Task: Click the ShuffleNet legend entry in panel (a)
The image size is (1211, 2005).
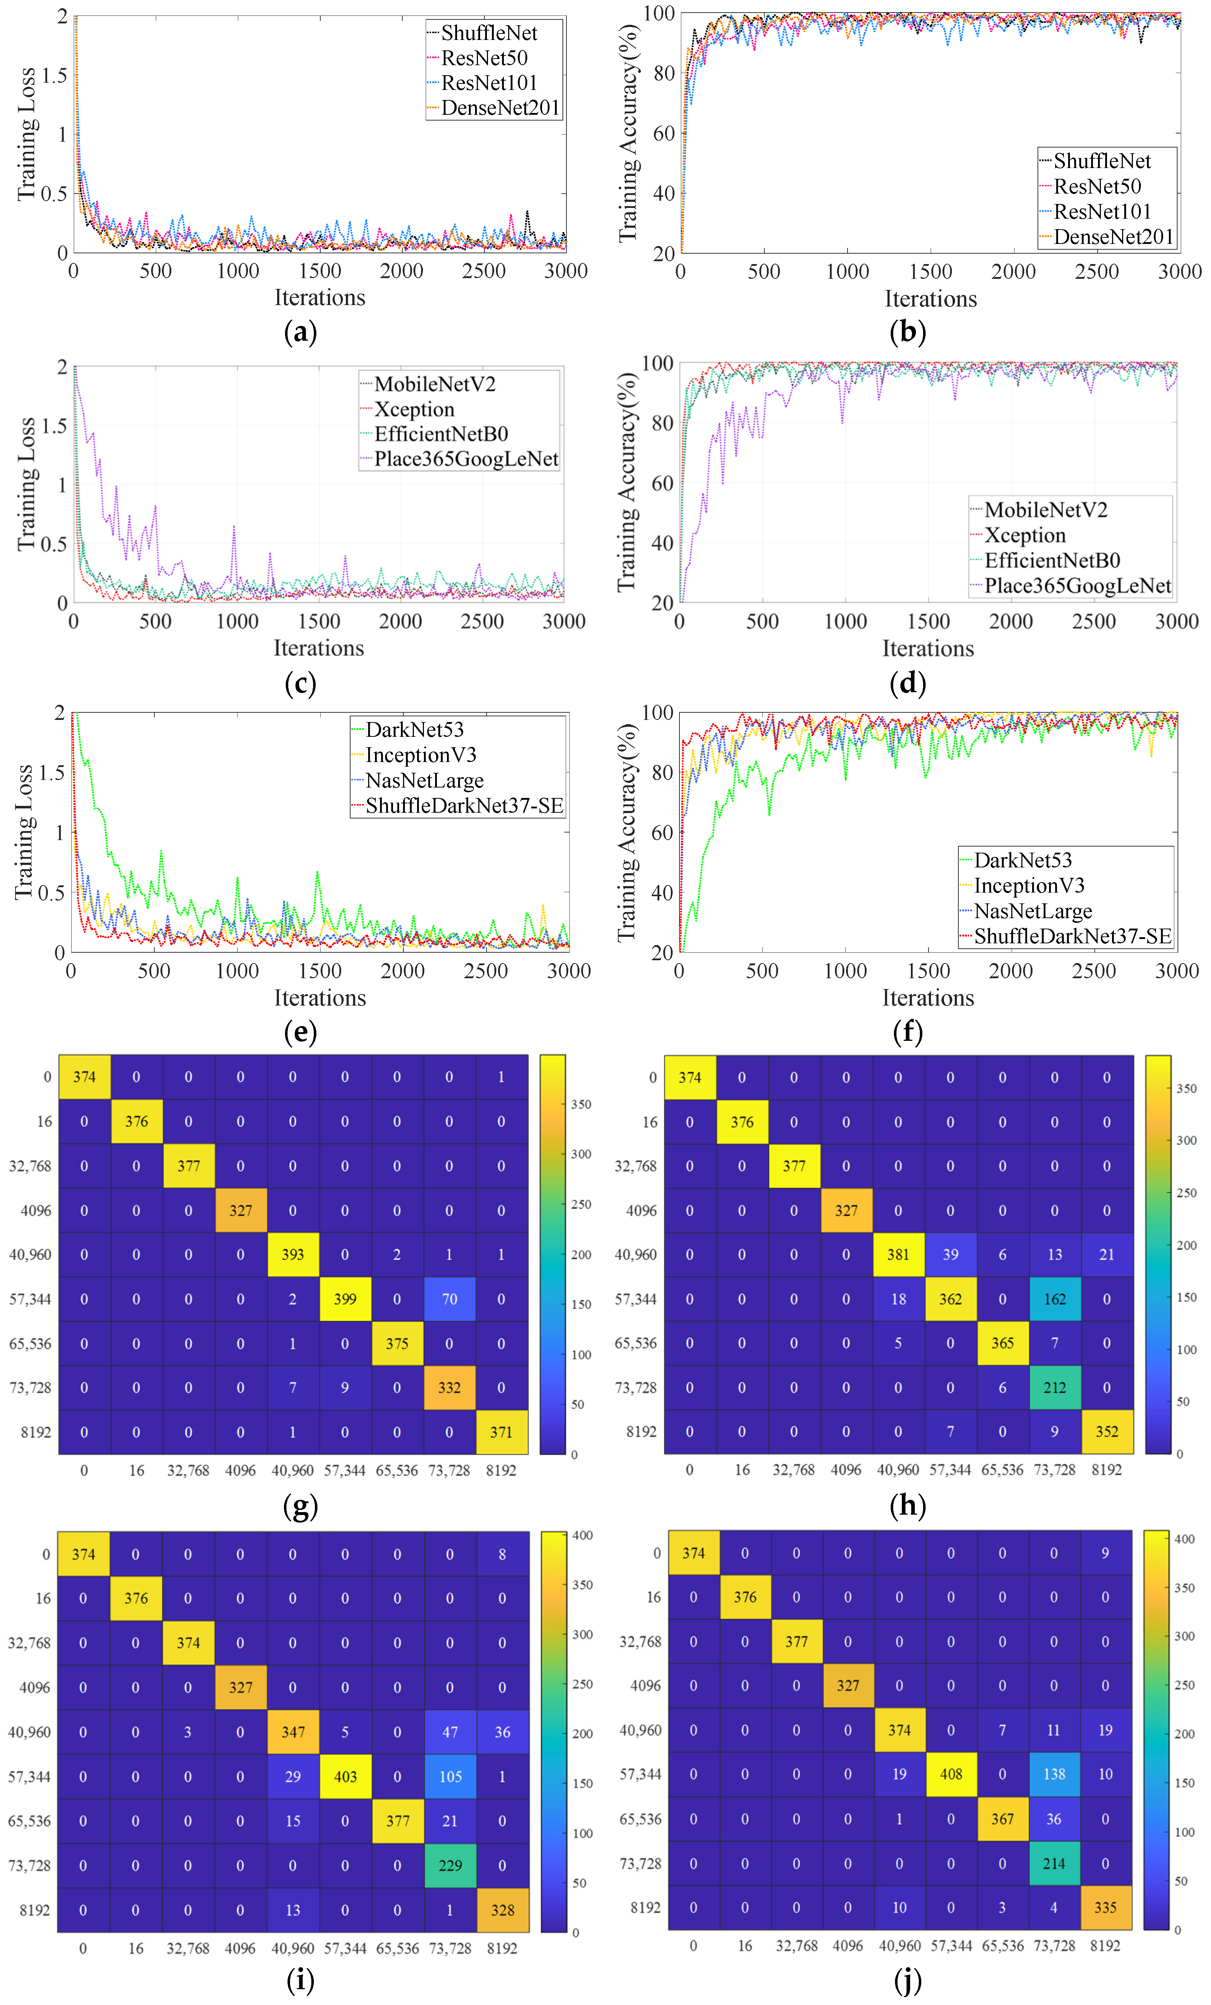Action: pyautogui.click(x=488, y=33)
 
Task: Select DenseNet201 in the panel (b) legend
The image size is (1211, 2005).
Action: pyautogui.click(x=1112, y=237)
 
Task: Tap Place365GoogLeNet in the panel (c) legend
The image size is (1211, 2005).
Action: pyautogui.click(x=466, y=459)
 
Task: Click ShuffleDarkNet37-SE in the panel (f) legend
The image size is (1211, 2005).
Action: pyautogui.click(x=1072, y=936)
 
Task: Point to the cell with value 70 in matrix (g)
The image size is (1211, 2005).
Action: pyautogui.click(x=449, y=1299)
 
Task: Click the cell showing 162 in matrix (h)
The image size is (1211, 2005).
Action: pyautogui.click(x=1055, y=1299)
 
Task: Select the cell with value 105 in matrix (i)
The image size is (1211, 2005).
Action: pyautogui.click(x=450, y=1776)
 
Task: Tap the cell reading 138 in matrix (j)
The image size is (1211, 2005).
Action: pyautogui.click(x=1054, y=1774)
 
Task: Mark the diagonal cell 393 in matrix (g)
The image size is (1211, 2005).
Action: pyautogui.click(x=293, y=1254)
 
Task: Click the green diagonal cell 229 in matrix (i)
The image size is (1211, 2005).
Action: pyautogui.click(x=450, y=1865)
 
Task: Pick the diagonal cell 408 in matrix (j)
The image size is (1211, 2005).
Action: pyautogui.click(x=950, y=1774)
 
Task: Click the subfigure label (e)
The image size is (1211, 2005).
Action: pyautogui.click(x=300, y=1032)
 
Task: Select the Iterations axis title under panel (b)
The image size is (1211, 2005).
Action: pyautogui.click(x=930, y=299)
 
